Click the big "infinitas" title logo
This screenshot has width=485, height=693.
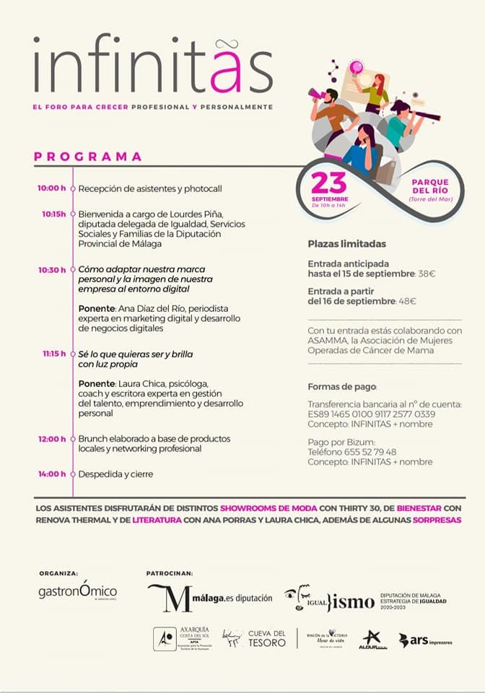pyautogui.click(x=152, y=64)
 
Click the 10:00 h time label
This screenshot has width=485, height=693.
pyautogui.click(x=52, y=188)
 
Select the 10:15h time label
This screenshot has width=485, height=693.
pyautogui.click(x=53, y=214)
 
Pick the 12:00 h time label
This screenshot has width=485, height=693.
pyautogui.click(x=52, y=438)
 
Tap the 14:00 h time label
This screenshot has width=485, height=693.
pyautogui.click(x=52, y=474)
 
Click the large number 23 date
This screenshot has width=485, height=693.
pyautogui.click(x=329, y=183)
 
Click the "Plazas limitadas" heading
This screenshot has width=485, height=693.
pyautogui.click(x=346, y=244)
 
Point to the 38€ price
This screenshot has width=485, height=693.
pyautogui.click(x=427, y=274)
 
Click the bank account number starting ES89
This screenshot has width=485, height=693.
pyautogui.click(x=371, y=414)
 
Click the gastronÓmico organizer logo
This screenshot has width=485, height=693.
pyautogui.click(x=77, y=591)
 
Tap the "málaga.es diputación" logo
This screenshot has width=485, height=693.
pyautogui.click(x=210, y=597)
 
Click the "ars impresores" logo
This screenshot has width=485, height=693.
pyautogui.click(x=426, y=640)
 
